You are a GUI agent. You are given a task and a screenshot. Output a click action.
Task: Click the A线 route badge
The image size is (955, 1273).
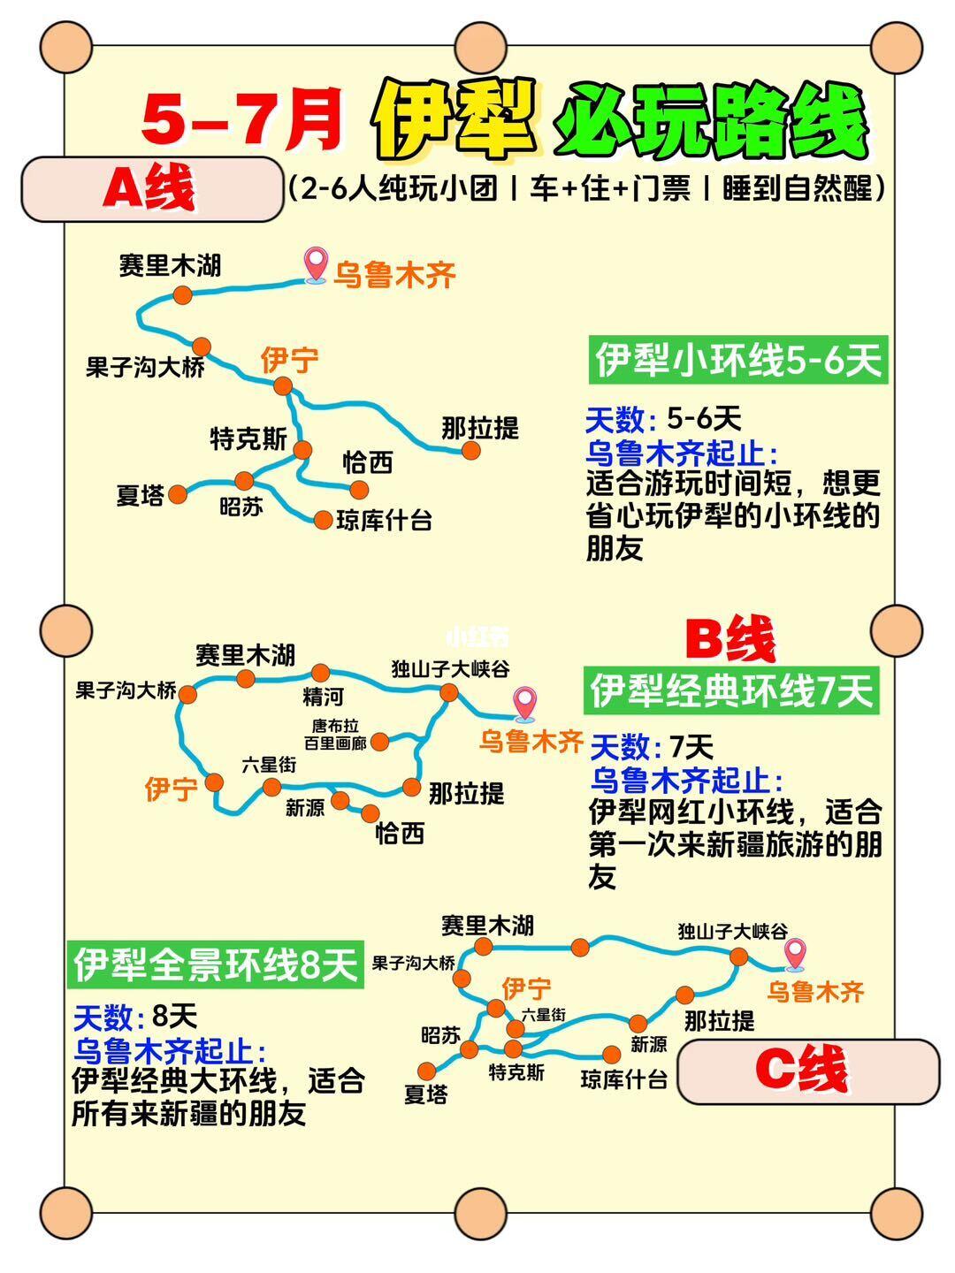(x=149, y=188)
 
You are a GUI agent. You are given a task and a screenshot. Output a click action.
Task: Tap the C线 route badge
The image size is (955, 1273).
(x=806, y=1071)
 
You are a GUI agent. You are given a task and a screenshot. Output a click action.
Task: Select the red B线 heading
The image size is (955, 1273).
(x=730, y=639)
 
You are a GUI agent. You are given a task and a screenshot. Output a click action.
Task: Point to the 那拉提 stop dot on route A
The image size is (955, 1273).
(x=471, y=451)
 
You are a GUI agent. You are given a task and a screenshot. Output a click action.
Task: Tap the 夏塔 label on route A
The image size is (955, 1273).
(x=141, y=495)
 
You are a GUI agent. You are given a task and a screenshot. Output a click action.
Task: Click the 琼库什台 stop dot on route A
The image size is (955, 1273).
(x=323, y=520)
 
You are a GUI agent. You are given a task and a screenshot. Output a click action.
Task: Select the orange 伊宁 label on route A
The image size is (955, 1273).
(x=289, y=361)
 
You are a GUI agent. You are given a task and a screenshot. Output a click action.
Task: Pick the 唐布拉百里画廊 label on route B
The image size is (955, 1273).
(x=334, y=735)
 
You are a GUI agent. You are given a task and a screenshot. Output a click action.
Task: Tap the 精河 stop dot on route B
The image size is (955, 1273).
(x=320, y=674)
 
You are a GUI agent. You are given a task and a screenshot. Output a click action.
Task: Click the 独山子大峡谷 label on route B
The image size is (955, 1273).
(x=451, y=669)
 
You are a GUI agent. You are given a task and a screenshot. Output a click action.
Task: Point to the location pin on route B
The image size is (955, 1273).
(x=526, y=704)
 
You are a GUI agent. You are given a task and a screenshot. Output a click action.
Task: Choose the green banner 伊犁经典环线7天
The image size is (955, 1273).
(x=731, y=690)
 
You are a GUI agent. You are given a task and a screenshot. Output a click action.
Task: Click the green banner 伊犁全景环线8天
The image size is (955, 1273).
(x=217, y=964)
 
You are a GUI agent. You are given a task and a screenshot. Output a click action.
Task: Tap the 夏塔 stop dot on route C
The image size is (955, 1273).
(x=428, y=1070)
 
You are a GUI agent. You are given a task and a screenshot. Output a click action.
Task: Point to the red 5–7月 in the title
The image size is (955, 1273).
(x=241, y=120)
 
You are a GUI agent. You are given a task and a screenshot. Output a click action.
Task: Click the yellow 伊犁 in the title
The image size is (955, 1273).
(x=455, y=120)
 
